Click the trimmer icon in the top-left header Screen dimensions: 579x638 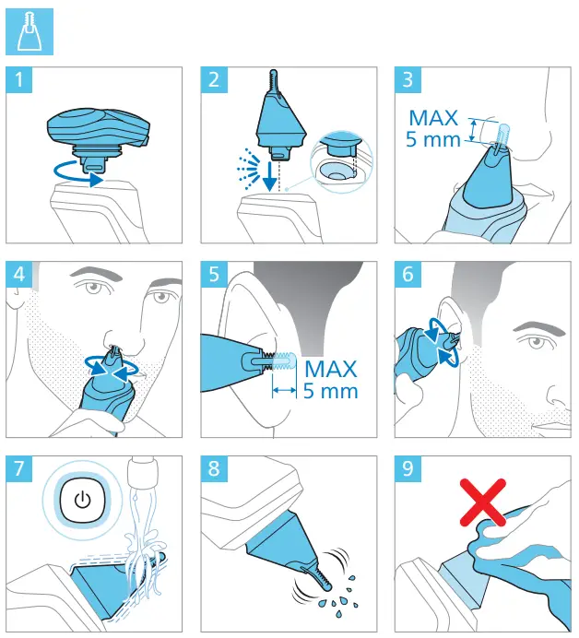(30, 31)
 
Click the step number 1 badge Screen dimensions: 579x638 (19, 79)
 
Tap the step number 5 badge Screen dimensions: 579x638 (214, 274)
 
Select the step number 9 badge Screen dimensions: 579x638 (408, 468)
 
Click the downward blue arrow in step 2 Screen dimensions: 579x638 (268, 177)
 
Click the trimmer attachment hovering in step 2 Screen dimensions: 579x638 (280, 118)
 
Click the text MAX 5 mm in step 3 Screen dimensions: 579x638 (433, 128)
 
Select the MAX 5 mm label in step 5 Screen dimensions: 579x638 (331, 379)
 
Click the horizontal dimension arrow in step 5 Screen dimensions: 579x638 (284, 391)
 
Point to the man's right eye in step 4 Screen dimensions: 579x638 (96, 288)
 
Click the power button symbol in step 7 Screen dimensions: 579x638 (83, 500)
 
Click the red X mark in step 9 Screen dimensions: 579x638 (483, 502)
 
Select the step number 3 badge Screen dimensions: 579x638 (408, 79)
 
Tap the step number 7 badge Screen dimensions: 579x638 (19, 468)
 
